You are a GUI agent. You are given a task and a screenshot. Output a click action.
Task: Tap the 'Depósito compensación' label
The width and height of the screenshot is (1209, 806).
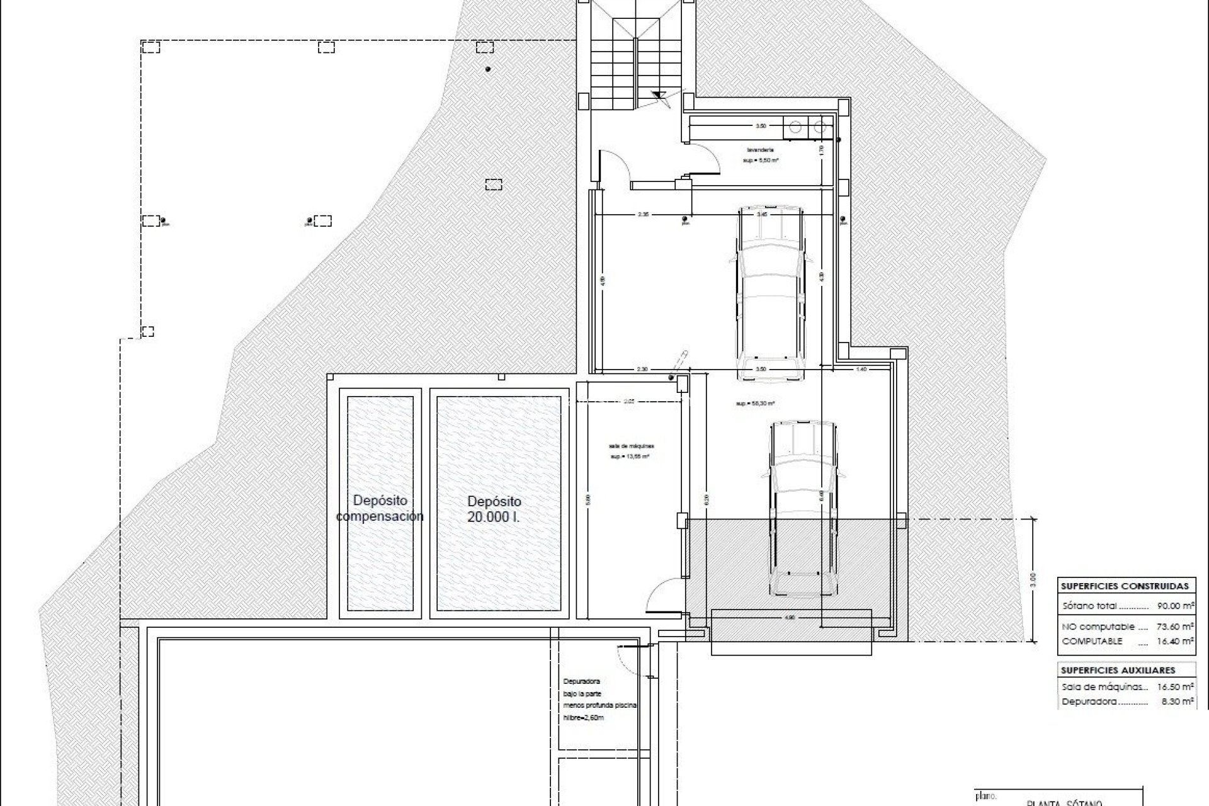(x=380, y=508)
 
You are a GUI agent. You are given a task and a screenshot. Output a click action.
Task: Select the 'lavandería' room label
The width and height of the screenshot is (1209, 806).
(x=761, y=150)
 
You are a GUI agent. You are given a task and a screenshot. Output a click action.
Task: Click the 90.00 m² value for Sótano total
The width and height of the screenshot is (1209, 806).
(x=1176, y=606)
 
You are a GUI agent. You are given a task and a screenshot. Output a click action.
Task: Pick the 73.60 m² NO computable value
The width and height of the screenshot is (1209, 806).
(x=1176, y=627)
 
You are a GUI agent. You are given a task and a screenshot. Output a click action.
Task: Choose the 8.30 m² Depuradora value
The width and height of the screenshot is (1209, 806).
(x=1176, y=701)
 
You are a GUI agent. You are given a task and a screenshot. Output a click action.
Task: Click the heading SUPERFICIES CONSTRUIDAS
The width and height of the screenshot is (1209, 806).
(x=1125, y=586)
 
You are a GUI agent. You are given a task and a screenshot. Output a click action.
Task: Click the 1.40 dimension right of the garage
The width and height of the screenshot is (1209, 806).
(x=862, y=370)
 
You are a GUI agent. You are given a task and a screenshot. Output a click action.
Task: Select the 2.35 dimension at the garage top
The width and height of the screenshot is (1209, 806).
(x=643, y=215)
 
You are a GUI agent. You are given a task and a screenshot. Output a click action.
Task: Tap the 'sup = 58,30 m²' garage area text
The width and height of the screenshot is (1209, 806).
(x=754, y=404)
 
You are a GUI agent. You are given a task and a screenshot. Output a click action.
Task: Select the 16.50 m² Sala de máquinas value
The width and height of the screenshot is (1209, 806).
(x=1176, y=687)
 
